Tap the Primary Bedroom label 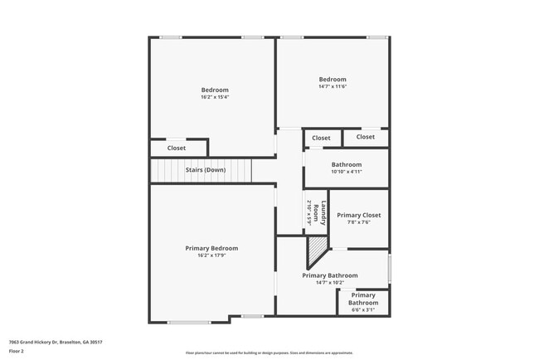tap(211, 248)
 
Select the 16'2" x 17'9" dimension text tap(211, 255)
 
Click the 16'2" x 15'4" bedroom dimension tap(214, 97)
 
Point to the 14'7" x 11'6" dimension tap(333, 86)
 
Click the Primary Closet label tap(359, 215)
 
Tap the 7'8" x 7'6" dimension tap(359, 222)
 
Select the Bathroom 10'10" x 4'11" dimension tap(346, 172)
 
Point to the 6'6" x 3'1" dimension tap(362, 310)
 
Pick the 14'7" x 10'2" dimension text tap(330, 283)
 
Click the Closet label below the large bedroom tap(177, 148)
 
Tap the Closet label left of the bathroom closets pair tap(321, 138)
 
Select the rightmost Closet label tap(366, 136)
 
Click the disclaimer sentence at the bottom tap(269, 353)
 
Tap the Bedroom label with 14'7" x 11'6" tap(333, 80)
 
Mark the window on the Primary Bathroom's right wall tap(389, 269)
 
